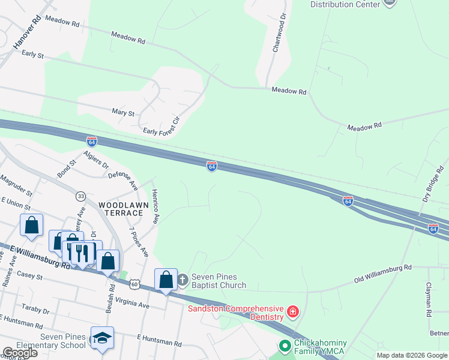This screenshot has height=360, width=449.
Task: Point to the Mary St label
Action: pyautogui.click(x=122, y=112)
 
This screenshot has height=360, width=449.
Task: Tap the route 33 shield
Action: pyautogui.click(x=80, y=196)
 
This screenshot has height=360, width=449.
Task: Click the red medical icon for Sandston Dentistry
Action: pyautogui.click(x=292, y=312)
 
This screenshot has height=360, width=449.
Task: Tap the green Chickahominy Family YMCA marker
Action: pyautogui.click(x=285, y=346)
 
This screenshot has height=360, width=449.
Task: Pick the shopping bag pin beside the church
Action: pyautogui.click(x=166, y=280)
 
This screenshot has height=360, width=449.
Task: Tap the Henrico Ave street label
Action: pyautogui.click(x=155, y=206)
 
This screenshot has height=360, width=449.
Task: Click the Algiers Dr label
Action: pyautogui.click(x=96, y=160)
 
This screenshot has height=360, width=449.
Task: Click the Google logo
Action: pyautogui.click(x=20, y=353)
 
